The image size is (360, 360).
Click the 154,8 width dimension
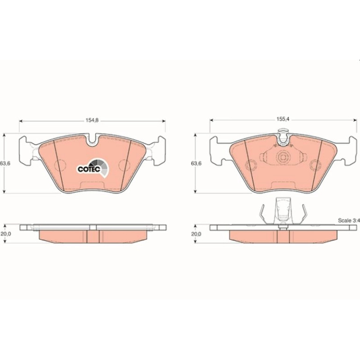(92, 120)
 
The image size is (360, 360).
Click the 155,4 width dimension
(283, 119)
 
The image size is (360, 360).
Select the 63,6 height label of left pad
(5, 164)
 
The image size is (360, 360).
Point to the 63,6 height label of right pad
(196, 164)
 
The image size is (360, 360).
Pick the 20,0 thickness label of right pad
(196, 234)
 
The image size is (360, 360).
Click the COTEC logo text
(89, 169)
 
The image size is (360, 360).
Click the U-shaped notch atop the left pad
(93, 140)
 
